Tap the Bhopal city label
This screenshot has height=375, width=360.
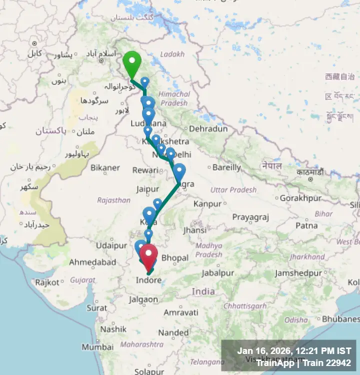[175, 258]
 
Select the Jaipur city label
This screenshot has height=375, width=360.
[148, 189]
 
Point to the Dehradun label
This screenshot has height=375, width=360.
[208, 128]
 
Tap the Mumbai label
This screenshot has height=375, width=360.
[97, 347]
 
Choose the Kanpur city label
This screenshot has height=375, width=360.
[207, 203]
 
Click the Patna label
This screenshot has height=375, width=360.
[306, 225]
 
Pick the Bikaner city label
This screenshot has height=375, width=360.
[105, 167]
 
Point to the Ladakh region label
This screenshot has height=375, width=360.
[172, 54]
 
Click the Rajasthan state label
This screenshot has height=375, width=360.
[113, 200]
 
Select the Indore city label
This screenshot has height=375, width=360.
[149, 280]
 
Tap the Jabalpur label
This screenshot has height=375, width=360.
[218, 273]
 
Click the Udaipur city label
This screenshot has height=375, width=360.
[112, 245]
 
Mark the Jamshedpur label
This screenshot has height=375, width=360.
[298, 273]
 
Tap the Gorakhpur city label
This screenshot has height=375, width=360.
[299, 198]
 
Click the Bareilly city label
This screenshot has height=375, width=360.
[226, 167]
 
